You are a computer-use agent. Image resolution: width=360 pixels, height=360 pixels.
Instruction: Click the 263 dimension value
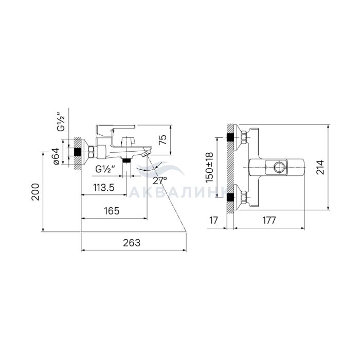(132, 243)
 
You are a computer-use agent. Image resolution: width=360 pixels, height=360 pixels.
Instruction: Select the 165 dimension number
(112, 211)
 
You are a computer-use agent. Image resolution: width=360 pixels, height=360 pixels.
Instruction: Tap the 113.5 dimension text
(104, 188)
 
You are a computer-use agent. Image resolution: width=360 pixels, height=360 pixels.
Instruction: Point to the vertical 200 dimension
(35, 192)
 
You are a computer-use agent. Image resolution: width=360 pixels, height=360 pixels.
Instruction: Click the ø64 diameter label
(56, 156)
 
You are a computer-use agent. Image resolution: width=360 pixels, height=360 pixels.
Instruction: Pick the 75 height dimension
(163, 140)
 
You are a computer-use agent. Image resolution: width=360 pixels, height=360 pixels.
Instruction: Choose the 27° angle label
(160, 181)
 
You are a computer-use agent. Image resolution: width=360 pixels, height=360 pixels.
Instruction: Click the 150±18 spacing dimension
(209, 168)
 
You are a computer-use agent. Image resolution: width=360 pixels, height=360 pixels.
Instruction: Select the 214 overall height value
(320, 167)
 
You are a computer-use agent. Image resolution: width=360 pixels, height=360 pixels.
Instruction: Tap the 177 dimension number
(269, 220)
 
